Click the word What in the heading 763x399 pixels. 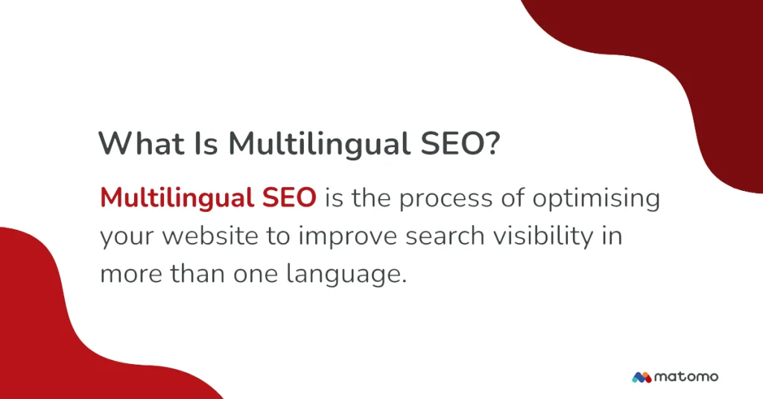[142, 143]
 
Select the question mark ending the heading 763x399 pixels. [493, 143]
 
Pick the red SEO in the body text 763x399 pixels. [289, 198]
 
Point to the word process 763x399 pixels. [446, 200]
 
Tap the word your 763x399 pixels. [127, 238]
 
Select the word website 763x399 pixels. [210, 236]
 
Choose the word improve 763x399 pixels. [348, 237]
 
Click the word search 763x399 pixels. [446, 236]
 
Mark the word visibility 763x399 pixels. [543, 237]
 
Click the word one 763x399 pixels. [256, 274]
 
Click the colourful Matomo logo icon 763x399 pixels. [642, 377]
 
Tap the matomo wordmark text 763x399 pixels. [686, 377]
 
